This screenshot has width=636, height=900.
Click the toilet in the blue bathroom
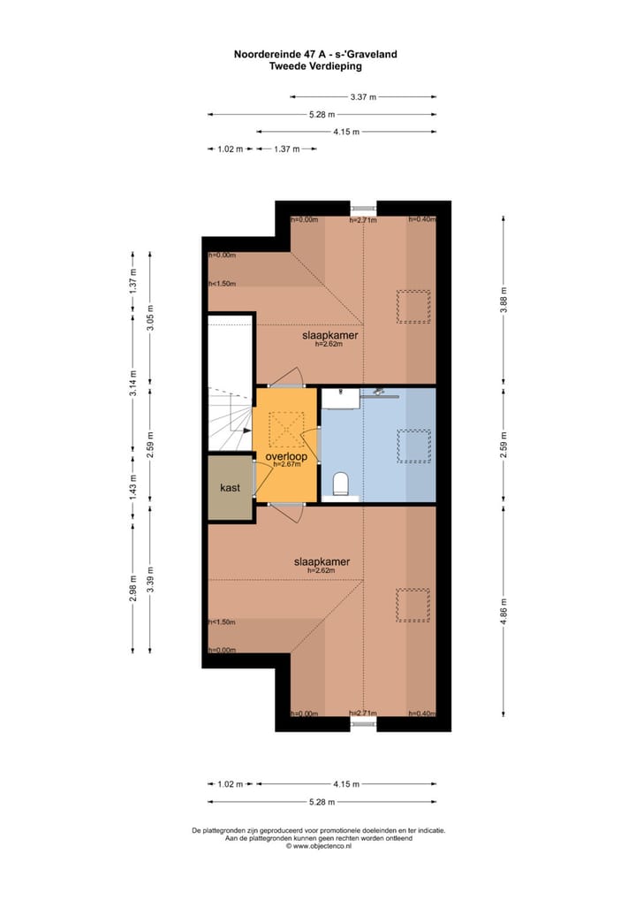click(341, 484)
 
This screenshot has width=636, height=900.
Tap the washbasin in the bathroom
click(341, 399)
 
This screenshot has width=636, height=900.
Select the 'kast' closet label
click(230, 487)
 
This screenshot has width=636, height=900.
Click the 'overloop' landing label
click(286, 456)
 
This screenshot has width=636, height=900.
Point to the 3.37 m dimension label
click(363, 97)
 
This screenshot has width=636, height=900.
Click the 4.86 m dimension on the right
click(503, 611)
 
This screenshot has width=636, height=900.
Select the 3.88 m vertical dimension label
click(503, 300)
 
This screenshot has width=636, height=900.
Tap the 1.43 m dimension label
click(132, 487)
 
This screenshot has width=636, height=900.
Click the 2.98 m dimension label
click(132, 588)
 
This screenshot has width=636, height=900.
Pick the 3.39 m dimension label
click(150, 580)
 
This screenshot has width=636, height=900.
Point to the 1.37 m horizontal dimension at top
click(287, 149)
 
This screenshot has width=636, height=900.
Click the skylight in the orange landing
click(286, 428)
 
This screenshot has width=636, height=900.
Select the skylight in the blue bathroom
click(413, 446)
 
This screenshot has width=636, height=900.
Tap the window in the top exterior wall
click(363, 208)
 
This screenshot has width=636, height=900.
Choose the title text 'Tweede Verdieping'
click(315, 66)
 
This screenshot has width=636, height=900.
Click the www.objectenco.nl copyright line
click(318, 846)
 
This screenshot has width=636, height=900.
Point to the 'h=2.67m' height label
click(286, 464)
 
